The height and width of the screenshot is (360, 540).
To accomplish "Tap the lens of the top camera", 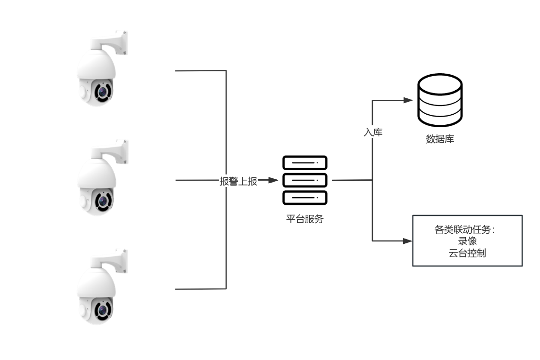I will pos(102,91).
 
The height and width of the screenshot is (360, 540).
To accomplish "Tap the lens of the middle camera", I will pos(102,200).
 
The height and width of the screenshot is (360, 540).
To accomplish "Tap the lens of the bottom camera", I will pos(102,309).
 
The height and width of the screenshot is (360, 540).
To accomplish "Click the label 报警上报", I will pos(238,181).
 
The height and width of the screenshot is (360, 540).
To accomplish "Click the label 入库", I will pos(373,132).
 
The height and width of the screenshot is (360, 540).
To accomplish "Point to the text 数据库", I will pos(440,139).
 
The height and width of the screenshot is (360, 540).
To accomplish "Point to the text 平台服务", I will pos(305,219).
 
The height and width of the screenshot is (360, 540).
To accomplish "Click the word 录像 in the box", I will pos(467,241).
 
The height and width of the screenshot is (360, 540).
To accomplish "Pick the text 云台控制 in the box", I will pos(467,253).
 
